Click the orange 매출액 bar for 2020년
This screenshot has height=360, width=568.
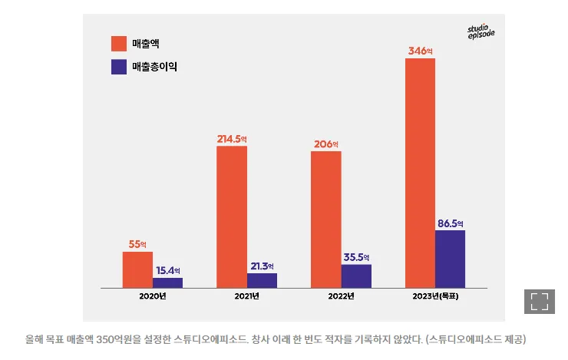[x=137, y=269]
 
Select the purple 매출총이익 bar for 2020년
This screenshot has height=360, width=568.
[x=167, y=282]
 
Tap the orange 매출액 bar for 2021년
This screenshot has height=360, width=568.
[x=232, y=216]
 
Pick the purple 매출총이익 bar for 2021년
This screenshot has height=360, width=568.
[x=262, y=280]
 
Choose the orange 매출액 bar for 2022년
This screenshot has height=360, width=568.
[x=325, y=220]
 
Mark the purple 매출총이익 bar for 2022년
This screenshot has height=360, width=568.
[x=356, y=276]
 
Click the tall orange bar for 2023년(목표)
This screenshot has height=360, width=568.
[x=420, y=173]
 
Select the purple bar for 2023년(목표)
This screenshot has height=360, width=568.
[x=450, y=259]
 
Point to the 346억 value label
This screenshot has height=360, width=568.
[x=421, y=51]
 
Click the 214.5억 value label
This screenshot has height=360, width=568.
[x=233, y=139]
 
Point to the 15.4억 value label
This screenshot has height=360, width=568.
[x=167, y=270]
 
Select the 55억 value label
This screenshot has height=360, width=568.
[x=137, y=244]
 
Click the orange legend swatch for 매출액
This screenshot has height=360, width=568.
[x=119, y=43]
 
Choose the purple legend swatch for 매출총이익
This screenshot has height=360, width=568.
[x=119, y=67]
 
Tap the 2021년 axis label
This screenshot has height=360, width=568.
[x=247, y=296]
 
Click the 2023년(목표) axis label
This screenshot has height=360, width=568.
[x=434, y=296]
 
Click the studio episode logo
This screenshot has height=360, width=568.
[x=481, y=31]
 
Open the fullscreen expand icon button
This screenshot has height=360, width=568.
[x=539, y=301]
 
